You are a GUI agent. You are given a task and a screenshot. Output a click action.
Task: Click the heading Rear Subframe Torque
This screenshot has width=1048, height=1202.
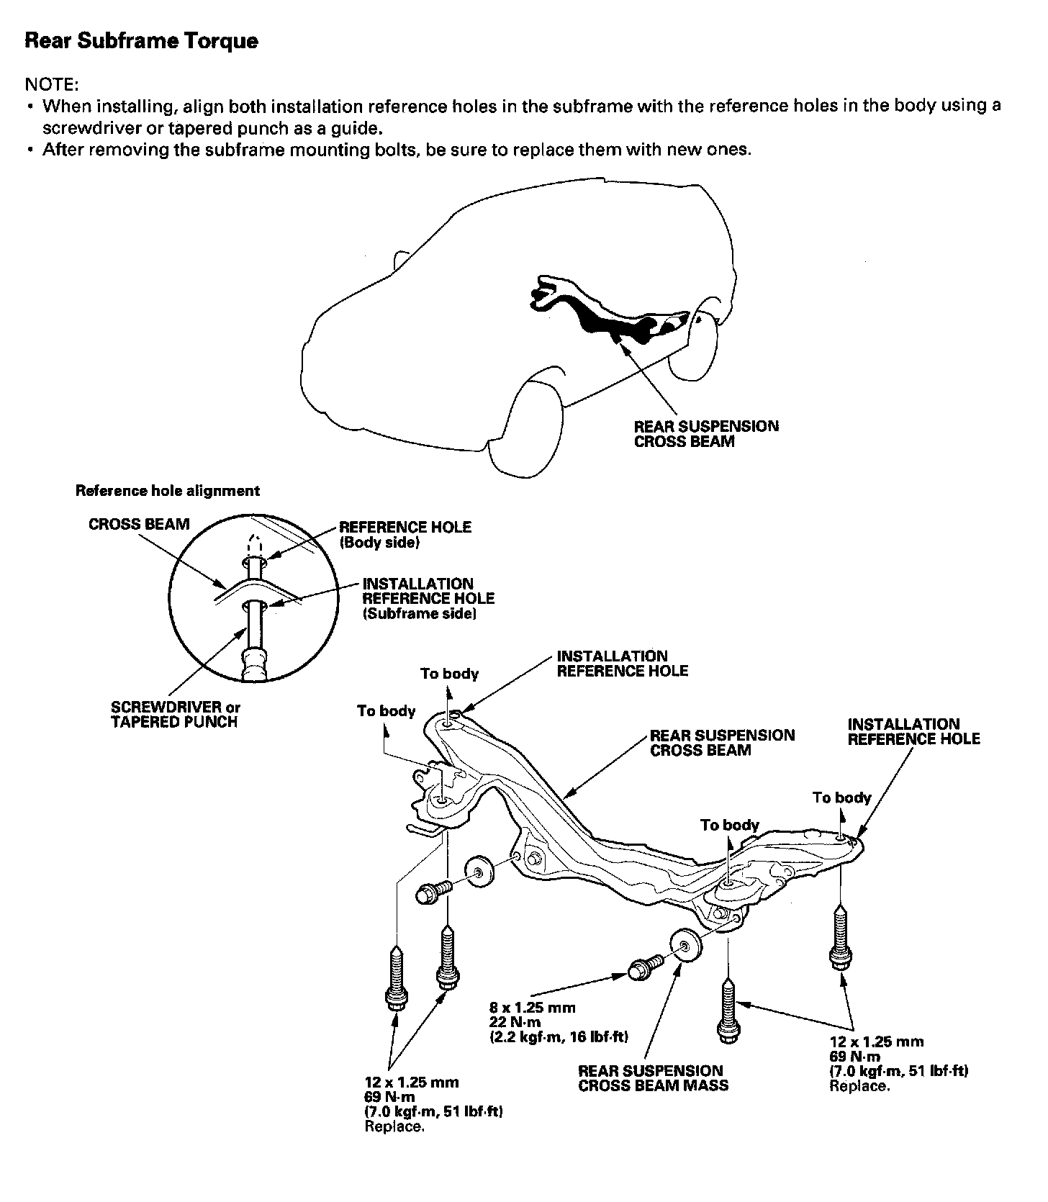[141, 41]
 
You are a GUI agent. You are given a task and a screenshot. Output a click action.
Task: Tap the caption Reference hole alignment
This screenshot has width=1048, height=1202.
[167, 491]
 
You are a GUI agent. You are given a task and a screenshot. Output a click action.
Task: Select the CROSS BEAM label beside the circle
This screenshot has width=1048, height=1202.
[139, 524]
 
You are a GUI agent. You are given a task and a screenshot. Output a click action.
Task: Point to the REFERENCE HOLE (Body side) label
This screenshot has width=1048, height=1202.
[405, 535]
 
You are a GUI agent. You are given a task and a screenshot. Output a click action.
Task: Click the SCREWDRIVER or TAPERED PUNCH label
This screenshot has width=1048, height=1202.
[175, 715]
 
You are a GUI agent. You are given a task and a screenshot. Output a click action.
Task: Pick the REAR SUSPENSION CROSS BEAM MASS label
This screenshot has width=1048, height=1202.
[653, 1078]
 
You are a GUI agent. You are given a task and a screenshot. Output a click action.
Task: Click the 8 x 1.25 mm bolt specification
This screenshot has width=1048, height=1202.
[532, 1008]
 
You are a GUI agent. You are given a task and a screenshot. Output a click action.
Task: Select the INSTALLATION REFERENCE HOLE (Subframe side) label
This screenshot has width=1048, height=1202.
[428, 598]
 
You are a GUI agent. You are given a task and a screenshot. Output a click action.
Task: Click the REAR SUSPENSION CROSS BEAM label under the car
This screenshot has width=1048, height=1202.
[705, 434]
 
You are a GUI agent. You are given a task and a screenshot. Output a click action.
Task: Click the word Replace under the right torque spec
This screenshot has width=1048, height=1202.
[859, 1086]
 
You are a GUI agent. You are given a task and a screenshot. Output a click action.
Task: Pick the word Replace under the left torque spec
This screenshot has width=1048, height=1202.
[394, 1126]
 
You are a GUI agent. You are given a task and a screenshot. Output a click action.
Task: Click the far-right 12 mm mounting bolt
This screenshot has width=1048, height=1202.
[839, 937]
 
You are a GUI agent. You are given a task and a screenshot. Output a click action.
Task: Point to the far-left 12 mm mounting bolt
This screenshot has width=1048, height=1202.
[395, 980]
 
